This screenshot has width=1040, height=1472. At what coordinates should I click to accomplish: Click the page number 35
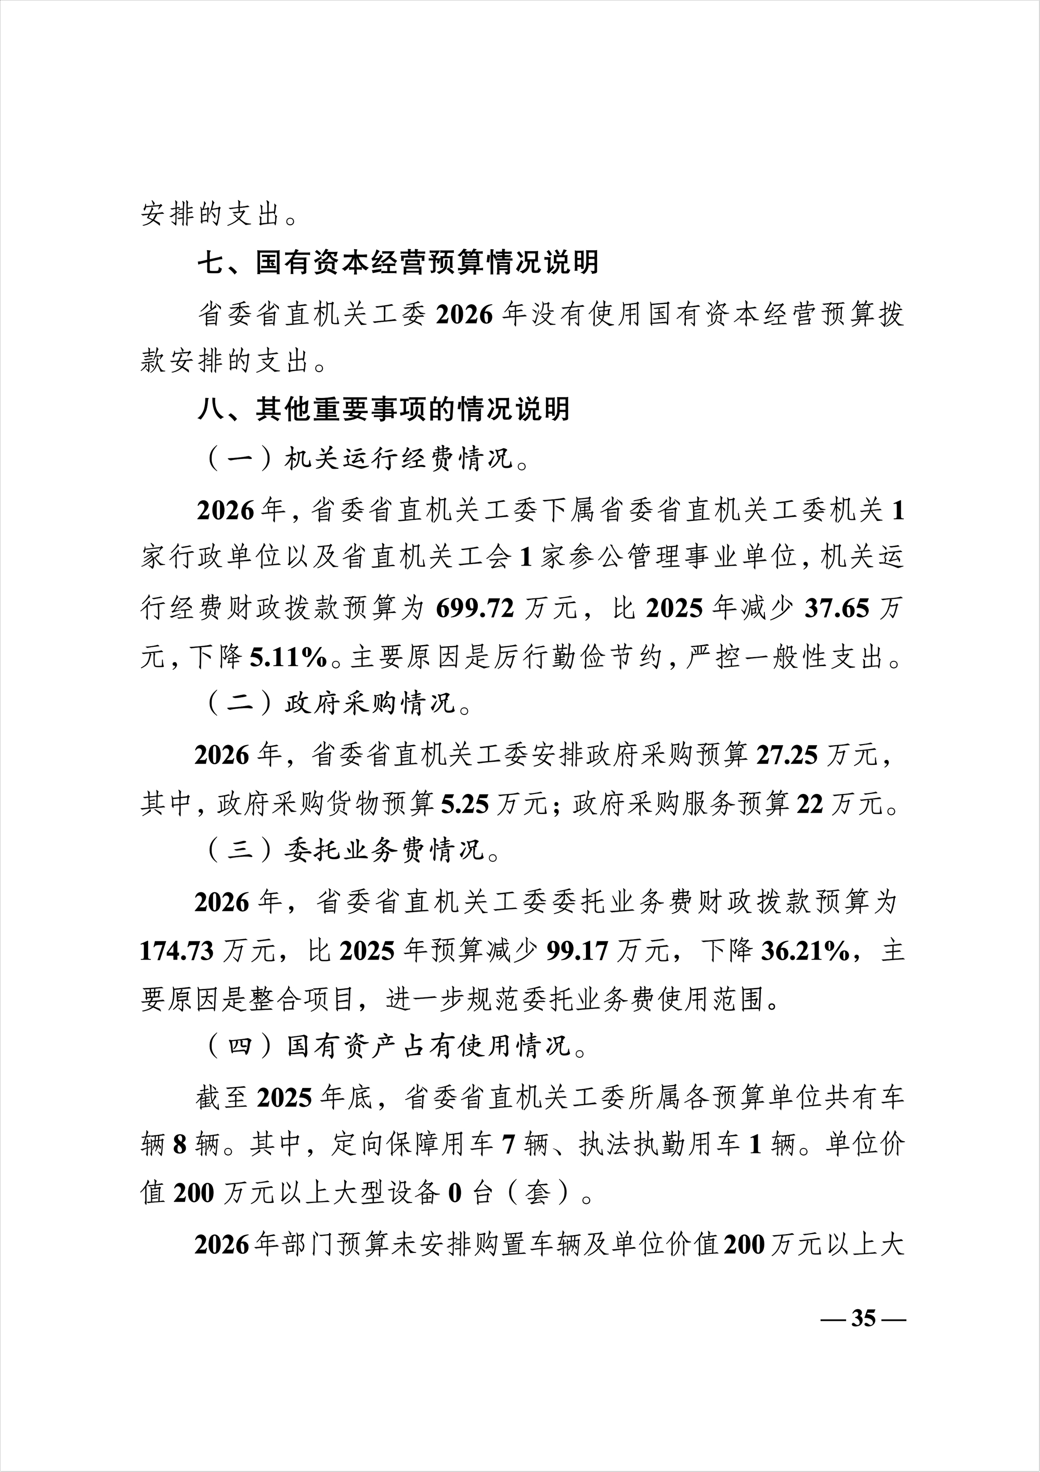(863, 1318)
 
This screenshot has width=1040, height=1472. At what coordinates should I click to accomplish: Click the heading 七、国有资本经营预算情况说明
(397, 263)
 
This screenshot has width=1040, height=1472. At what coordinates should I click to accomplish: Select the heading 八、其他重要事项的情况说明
(383, 409)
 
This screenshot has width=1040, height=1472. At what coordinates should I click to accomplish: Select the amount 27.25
(787, 755)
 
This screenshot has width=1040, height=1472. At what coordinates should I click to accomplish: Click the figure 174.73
(177, 951)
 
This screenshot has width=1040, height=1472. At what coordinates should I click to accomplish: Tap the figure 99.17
(577, 951)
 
